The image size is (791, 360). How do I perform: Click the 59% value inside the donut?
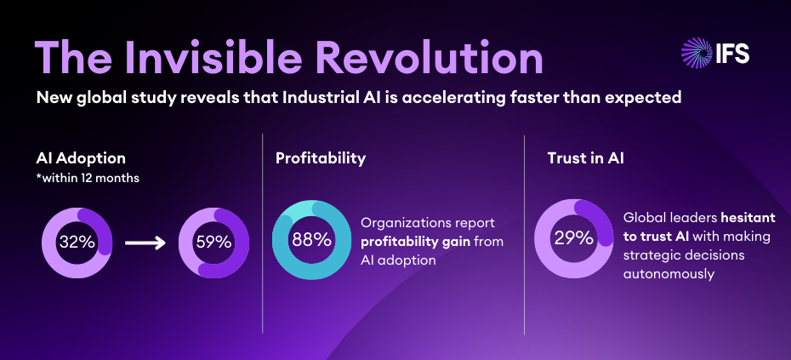coord(213,242)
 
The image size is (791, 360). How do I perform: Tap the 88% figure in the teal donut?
coord(311,239)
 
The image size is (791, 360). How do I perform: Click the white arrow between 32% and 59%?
coord(145,243)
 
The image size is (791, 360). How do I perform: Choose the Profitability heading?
coord(321,158)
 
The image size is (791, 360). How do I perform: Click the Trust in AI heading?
coord(587,158)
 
